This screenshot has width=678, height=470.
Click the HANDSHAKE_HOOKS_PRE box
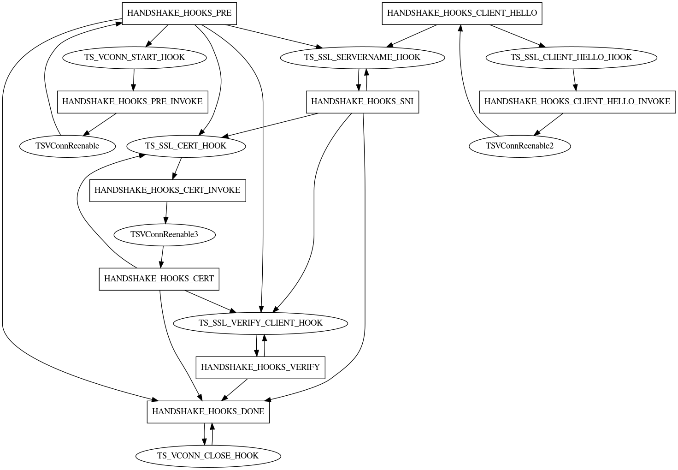(x=179, y=13)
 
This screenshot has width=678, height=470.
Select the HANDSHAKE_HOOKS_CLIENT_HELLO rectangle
(x=462, y=13)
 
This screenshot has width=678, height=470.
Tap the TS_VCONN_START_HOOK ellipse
(x=134, y=57)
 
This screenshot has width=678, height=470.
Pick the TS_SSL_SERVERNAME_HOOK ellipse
(x=362, y=57)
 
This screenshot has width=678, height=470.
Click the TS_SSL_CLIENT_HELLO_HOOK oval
(x=571, y=57)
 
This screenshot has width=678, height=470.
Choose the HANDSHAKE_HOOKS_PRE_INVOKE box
(x=132, y=101)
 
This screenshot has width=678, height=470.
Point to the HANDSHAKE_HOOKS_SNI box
(x=362, y=101)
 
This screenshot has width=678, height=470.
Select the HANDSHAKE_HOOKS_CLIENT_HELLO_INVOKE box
(x=577, y=101)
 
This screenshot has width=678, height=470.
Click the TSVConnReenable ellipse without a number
(x=67, y=146)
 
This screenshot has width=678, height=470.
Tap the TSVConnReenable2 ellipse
(x=519, y=146)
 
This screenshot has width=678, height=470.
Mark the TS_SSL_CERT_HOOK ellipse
(x=186, y=146)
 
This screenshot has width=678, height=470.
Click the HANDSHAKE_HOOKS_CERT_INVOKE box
(x=167, y=190)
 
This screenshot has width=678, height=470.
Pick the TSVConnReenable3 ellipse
(x=164, y=234)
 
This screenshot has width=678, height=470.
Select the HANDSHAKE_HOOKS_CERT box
(x=159, y=279)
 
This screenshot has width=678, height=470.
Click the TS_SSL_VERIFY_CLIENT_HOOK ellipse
(x=260, y=323)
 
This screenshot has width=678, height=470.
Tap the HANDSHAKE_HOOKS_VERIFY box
(x=260, y=367)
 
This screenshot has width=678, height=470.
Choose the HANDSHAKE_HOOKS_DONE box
(x=208, y=411)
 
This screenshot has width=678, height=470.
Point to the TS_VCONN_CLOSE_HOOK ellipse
(x=208, y=456)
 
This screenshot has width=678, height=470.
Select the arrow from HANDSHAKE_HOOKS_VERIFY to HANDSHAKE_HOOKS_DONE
(x=234, y=389)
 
